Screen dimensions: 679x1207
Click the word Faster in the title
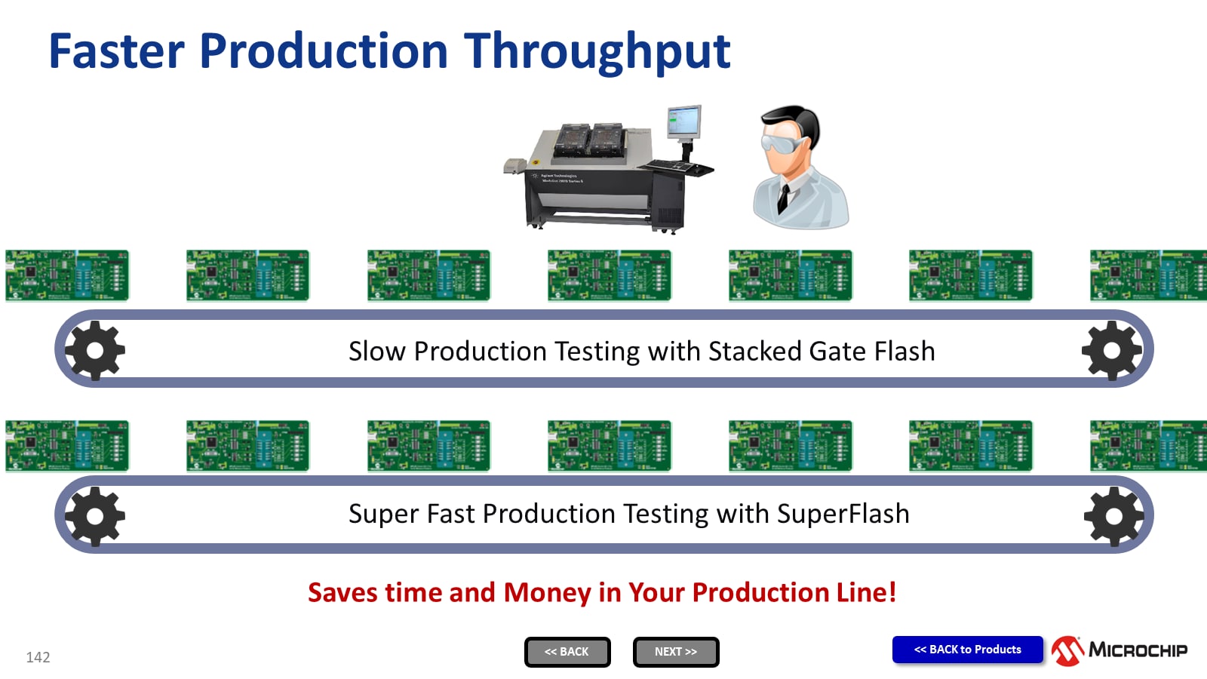116,51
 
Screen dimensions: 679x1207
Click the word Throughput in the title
597,51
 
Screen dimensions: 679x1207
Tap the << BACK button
567,652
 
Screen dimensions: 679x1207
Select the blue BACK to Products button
967,650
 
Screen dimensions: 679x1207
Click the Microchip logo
1119,650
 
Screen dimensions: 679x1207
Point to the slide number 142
38,657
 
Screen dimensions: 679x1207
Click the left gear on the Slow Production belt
95,350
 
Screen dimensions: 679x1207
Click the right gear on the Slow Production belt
1112,350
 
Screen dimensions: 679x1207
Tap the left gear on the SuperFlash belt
95,516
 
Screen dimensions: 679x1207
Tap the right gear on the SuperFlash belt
1113,516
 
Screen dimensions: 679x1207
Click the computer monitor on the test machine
684,121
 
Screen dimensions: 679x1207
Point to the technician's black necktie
783,198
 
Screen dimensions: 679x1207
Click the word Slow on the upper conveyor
376,352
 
